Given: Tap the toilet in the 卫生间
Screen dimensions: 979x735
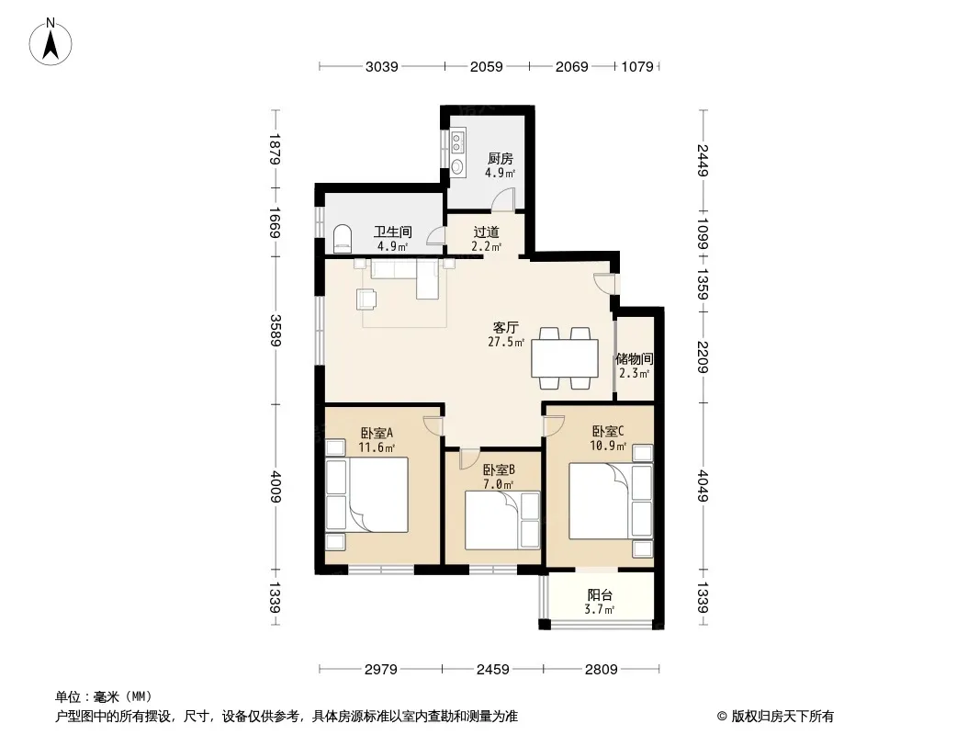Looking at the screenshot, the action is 343,238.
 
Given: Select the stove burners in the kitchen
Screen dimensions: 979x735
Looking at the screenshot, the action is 457,141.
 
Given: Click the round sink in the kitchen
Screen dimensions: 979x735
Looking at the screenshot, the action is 457,166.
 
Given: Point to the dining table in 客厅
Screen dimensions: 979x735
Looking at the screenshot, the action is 565,357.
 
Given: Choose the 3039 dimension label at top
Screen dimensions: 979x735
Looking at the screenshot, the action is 381,66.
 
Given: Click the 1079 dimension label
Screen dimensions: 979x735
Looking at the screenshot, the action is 637,66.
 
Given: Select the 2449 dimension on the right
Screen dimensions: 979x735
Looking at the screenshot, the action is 703,160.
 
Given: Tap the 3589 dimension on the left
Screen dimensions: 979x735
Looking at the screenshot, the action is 276,330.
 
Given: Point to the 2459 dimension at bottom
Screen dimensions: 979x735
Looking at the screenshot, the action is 492,670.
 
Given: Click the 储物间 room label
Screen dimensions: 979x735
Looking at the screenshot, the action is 635,359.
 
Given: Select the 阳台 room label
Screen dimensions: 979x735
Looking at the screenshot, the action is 600,595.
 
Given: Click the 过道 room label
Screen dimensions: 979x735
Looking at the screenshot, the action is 487,232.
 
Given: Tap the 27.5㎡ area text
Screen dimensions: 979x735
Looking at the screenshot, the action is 506,342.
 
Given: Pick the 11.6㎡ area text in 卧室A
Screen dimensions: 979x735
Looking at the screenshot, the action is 377,447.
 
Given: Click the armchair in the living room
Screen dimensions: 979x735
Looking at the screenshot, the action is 366,299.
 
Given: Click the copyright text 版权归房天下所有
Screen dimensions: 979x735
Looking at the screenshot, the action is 782,717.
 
